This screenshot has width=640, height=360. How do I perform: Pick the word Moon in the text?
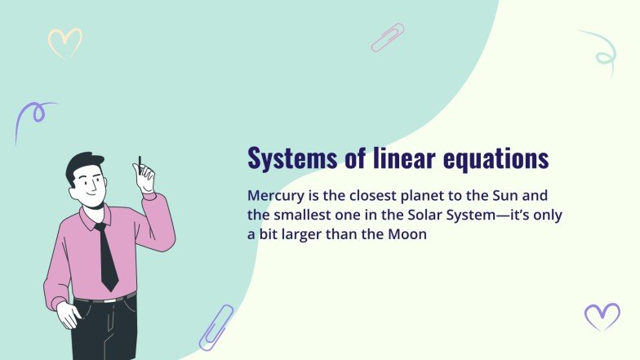tap(407, 234)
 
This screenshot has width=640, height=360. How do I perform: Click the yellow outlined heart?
tap(64, 43)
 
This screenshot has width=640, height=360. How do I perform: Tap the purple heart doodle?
tap(602, 315)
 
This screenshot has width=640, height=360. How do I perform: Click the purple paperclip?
tap(216, 327)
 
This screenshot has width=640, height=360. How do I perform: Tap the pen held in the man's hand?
tap(140, 163)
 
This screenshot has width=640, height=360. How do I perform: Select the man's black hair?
tap(82, 164)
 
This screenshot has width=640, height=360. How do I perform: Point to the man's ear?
tap(73, 185)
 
